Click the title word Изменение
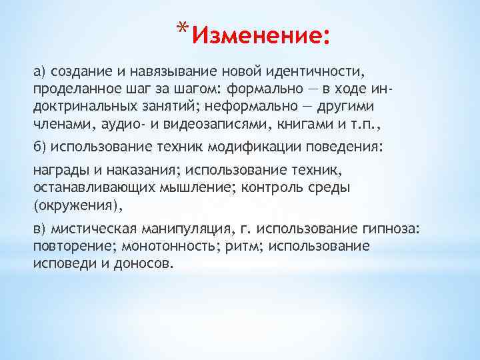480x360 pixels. [259, 33]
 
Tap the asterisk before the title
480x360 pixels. [183, 27]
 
